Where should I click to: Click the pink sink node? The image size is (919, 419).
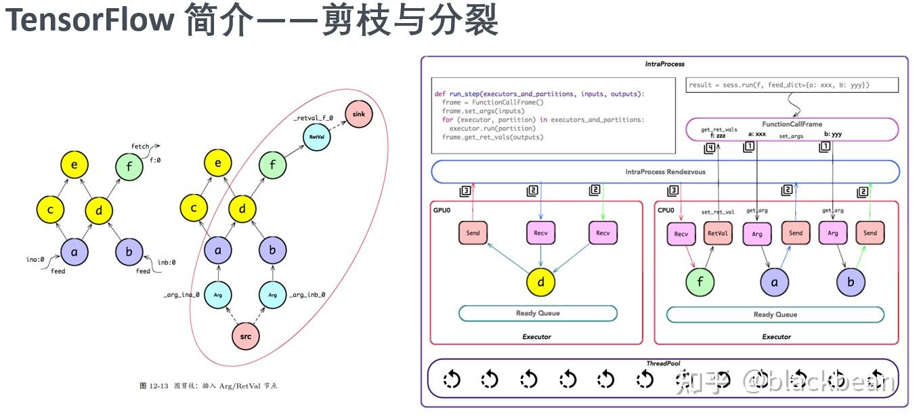coord(358,114)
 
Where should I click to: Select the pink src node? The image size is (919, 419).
coord(246,336)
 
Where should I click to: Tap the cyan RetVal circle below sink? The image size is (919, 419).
coord(316,136)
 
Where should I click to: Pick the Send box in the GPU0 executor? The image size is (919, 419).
coord(473,233)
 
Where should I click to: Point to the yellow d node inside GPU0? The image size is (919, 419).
coord(541,281)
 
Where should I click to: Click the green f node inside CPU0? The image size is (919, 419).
coord(700,281)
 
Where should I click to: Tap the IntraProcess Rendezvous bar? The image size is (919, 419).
coord(665,172)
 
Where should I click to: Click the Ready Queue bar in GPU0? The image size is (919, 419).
coord(538,313)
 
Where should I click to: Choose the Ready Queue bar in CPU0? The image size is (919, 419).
coord(775,315)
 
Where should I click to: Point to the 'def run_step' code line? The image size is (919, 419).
coord(539,94)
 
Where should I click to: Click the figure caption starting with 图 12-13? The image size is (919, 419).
coord(208,386)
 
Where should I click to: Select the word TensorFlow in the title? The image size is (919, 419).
coord(90,22)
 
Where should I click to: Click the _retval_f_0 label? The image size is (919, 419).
coord(314,118)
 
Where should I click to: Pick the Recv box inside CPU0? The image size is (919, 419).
coord(681,234)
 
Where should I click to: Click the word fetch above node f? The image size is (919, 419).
coord(140,146)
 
